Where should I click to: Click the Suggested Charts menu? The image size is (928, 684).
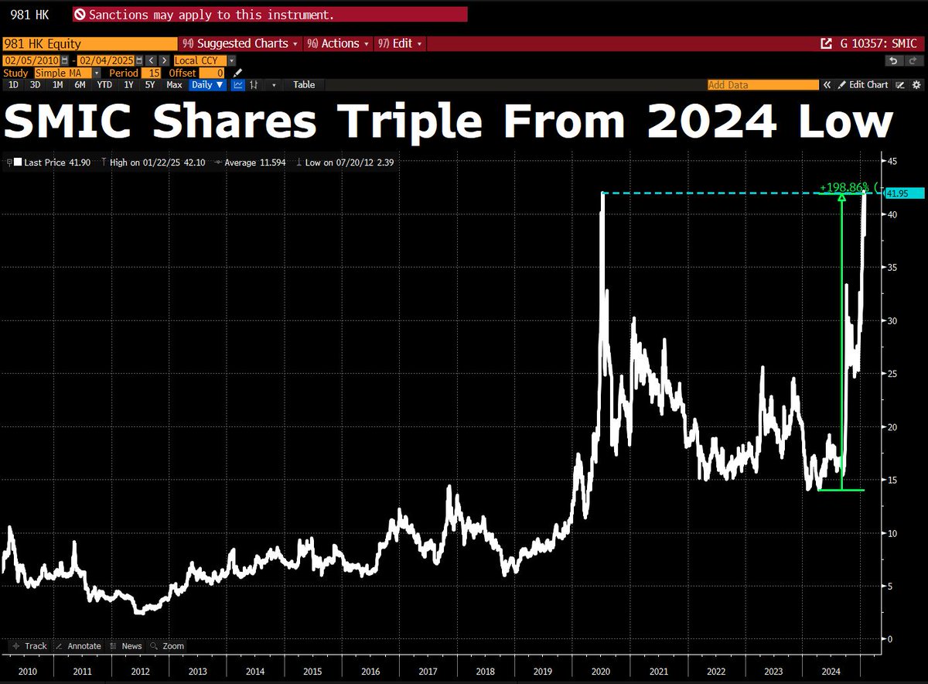[x=241, y=44]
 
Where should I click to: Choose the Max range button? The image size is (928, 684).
[x=174, y=85]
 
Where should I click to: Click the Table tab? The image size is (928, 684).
[x=304, y=85]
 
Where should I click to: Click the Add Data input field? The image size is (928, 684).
[x=763, y=85]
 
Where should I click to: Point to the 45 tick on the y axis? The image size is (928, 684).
[x=892, y=161]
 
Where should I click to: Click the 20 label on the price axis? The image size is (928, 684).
[x=892, y=427]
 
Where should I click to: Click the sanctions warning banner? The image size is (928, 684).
[x=271, y=15]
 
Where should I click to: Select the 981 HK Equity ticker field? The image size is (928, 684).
[x=89, y=44]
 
